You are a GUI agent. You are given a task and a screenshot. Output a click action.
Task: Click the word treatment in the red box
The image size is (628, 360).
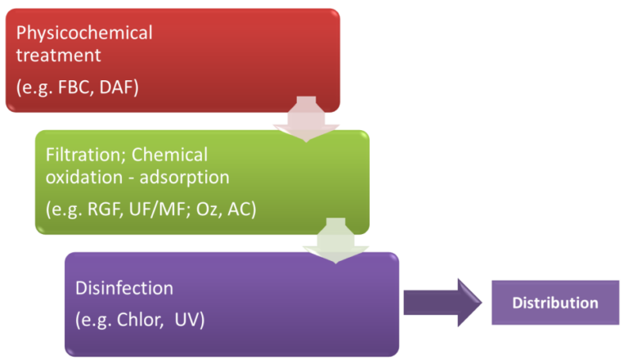pyautogui.click(x=63, y=57)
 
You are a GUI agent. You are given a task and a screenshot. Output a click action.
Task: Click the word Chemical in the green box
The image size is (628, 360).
pyautogui.click(x=169, y=155)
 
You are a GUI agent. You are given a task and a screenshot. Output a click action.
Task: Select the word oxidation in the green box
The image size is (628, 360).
pyautogui.click(x=79, y=178)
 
